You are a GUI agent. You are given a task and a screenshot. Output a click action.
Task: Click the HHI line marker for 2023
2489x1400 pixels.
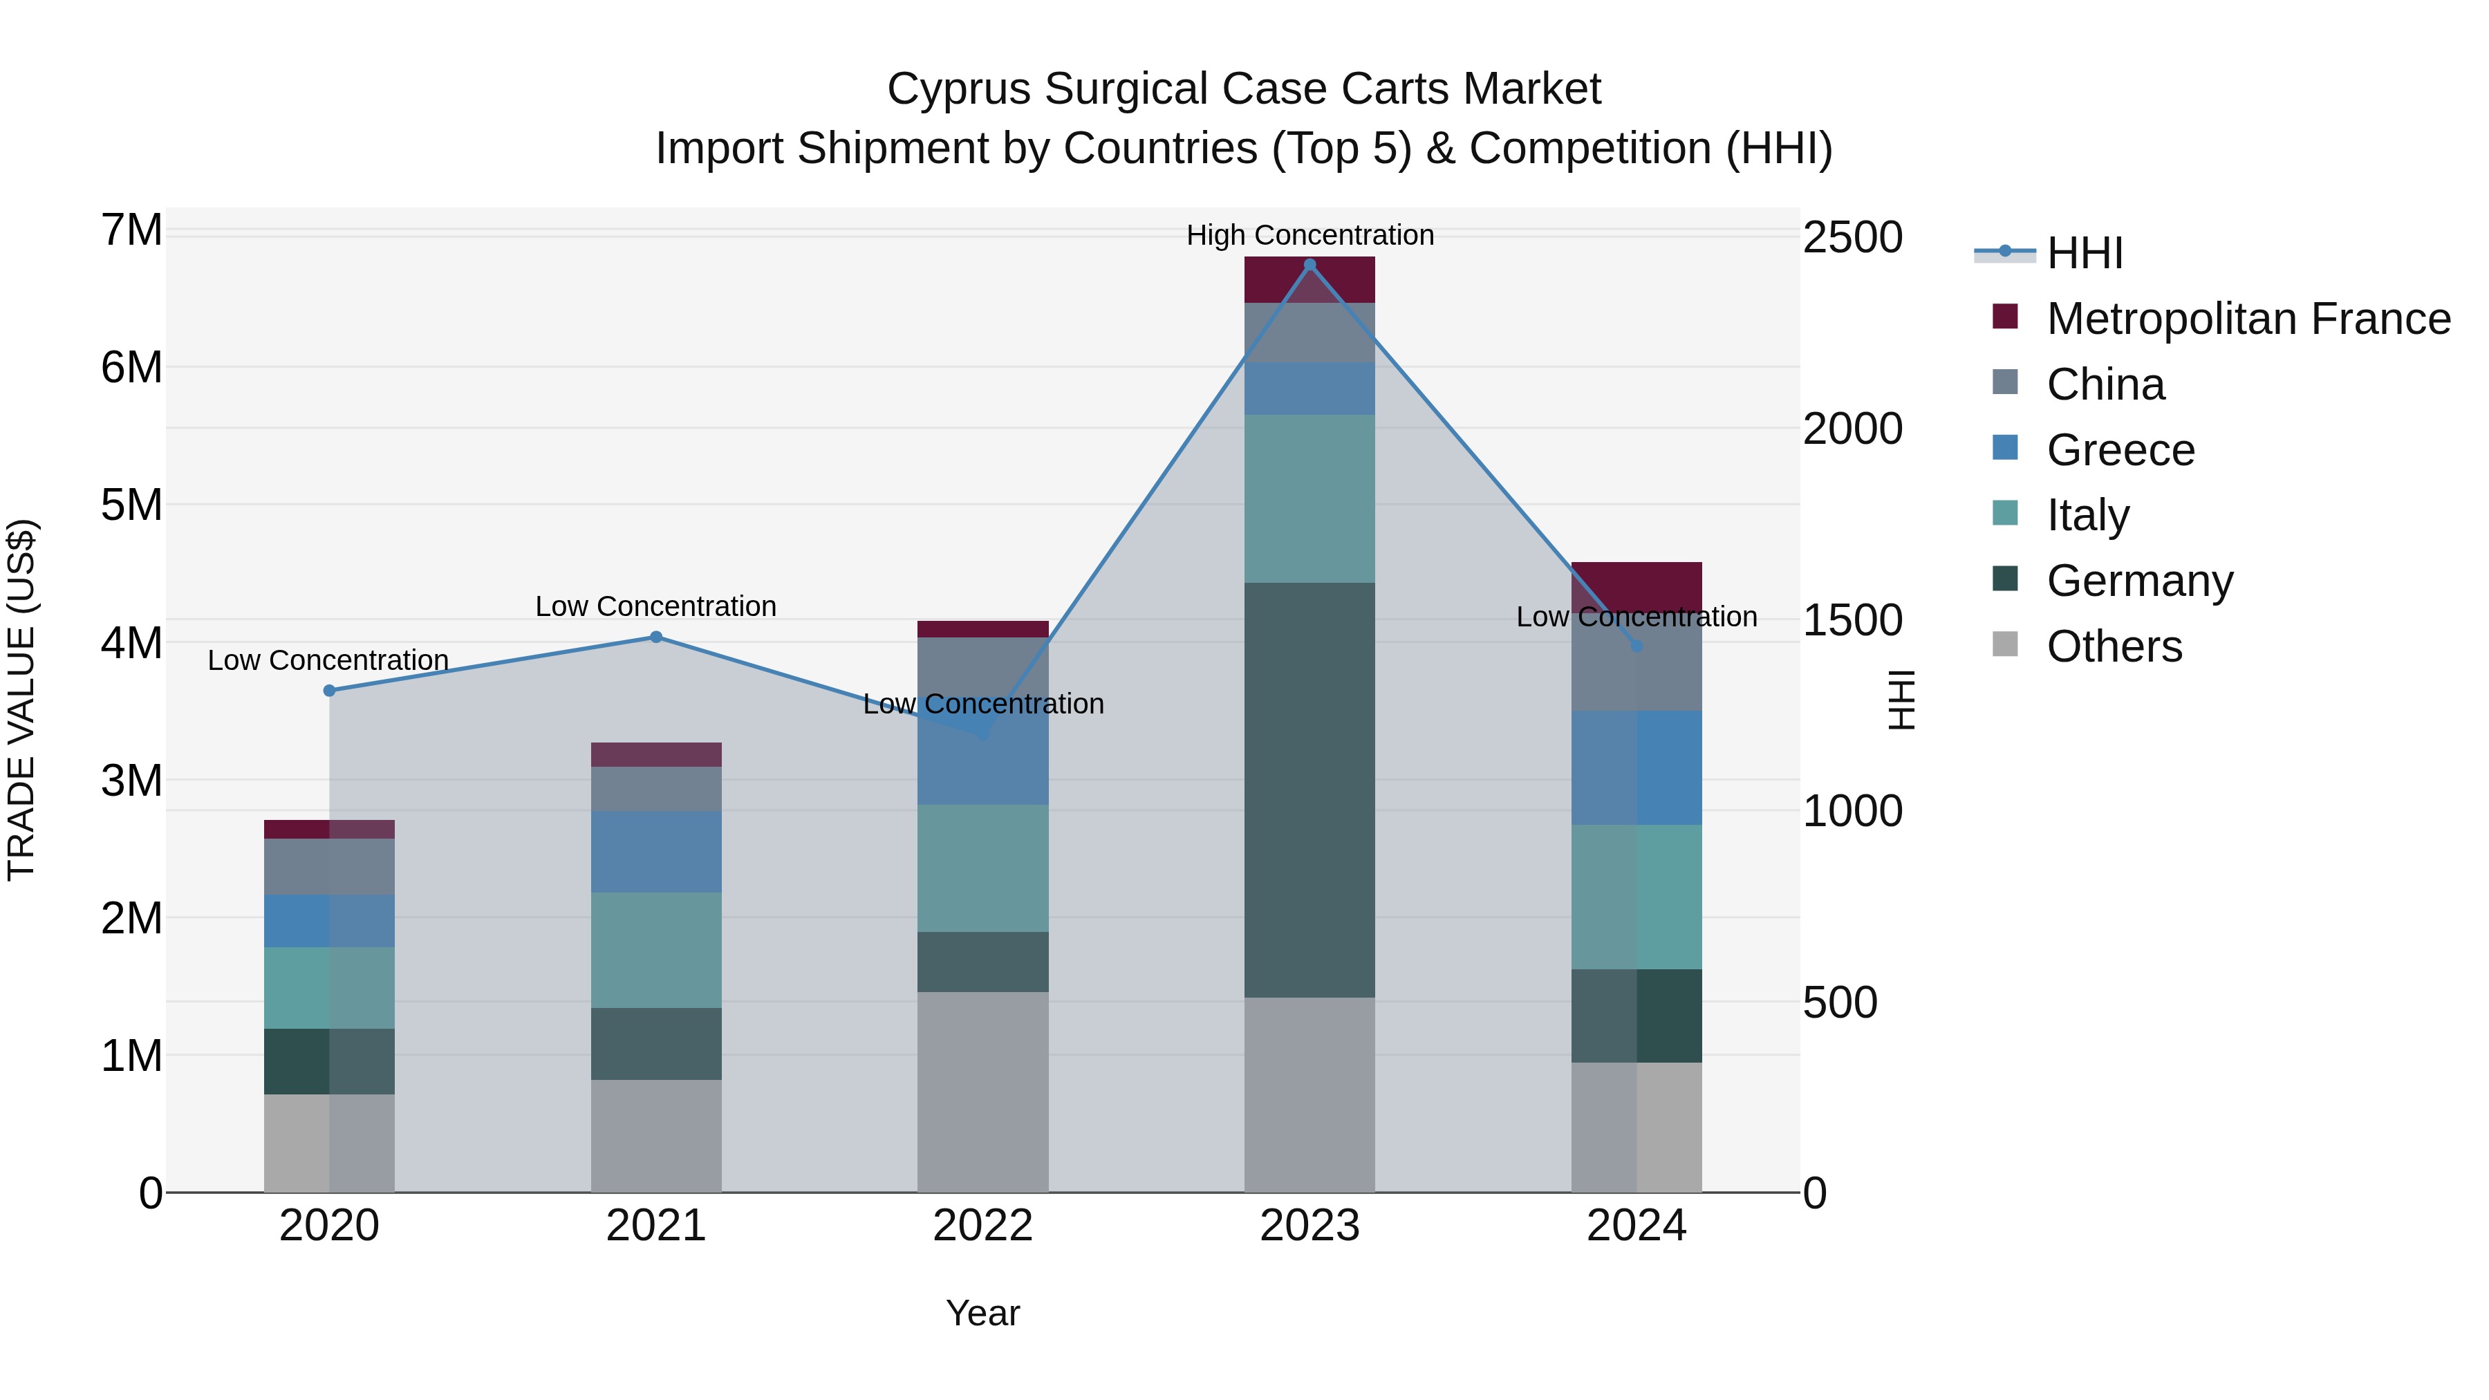[x=1309, y=265]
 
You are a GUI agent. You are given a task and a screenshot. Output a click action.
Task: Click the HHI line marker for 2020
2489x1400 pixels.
[x=330, y=691]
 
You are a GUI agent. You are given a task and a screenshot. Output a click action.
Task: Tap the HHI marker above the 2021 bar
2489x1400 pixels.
[x=656, y=637]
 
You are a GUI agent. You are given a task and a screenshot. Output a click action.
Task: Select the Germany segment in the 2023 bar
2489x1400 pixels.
[x=1309, y=790]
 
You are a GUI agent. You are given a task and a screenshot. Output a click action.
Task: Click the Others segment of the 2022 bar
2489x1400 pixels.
[x=982, y=1092]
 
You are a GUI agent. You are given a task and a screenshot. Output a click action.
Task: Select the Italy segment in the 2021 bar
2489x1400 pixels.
[x=656, y=950]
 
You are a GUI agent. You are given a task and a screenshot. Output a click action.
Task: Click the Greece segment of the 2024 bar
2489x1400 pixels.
[x=1636, y=767]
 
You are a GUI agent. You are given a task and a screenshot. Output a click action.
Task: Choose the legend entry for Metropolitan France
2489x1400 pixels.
[x=2248, y=319]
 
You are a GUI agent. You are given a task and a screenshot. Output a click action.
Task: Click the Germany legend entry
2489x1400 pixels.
[x=2139, y=581]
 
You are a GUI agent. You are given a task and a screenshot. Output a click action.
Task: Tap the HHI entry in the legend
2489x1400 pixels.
[x=2084, y=253]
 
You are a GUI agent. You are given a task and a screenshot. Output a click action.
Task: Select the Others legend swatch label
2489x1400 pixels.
[x=2114, y=646]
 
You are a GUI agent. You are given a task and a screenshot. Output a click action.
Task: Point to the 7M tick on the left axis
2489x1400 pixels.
[x=132, y=231]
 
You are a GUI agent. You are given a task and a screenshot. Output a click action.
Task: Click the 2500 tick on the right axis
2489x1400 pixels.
[x=1852, y=238]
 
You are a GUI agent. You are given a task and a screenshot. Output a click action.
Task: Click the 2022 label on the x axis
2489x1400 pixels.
[x=982, y=1226]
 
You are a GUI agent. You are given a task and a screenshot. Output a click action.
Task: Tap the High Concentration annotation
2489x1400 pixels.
[x=1309, y=235]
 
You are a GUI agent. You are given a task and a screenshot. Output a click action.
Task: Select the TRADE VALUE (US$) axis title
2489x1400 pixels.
[x=21, y=700]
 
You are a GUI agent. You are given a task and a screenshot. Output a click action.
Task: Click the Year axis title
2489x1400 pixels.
[x=982, y=1313]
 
